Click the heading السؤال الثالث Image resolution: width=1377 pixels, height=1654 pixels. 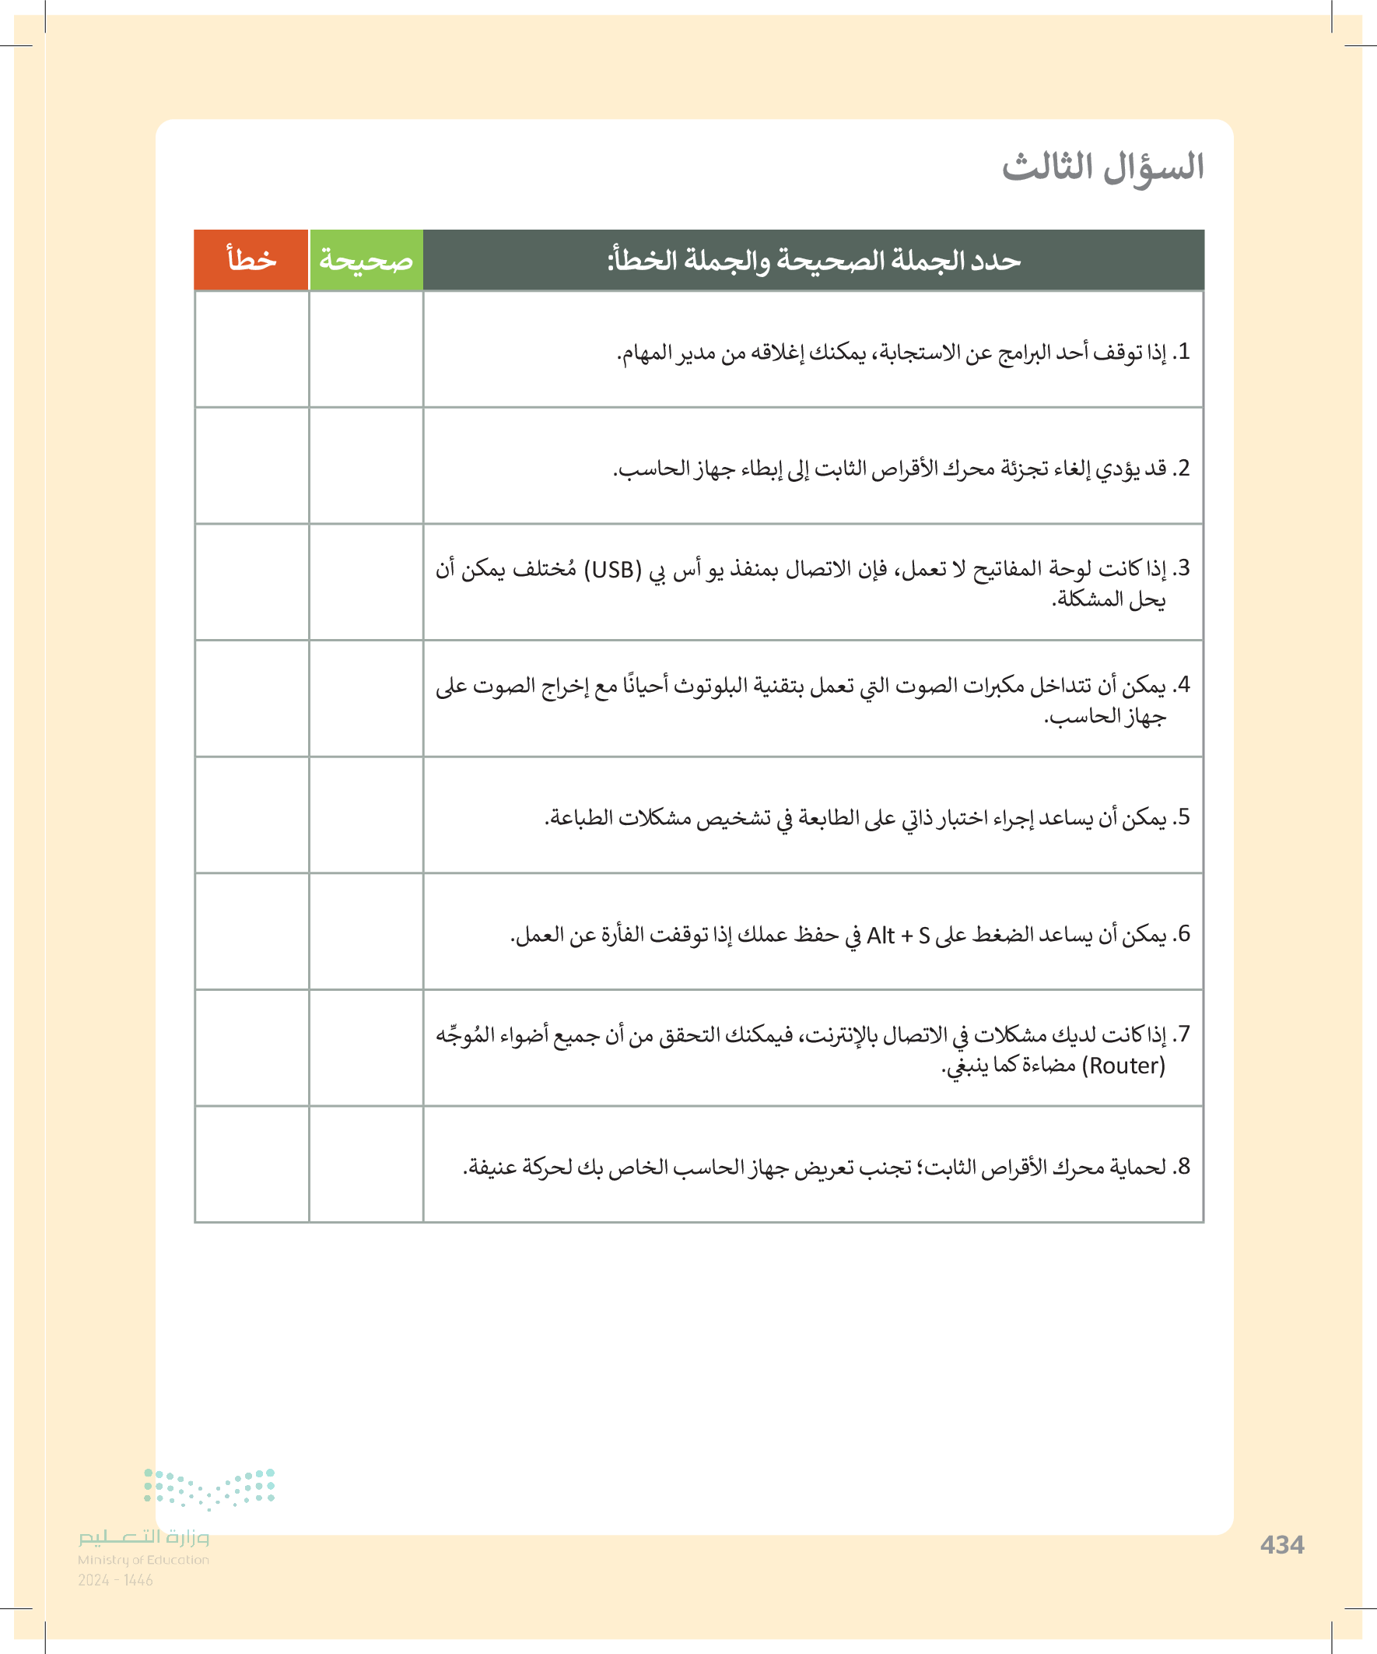[1102, 168]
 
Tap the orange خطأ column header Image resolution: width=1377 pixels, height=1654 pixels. [251, 260]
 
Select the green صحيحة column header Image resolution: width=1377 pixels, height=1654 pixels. [366, 260]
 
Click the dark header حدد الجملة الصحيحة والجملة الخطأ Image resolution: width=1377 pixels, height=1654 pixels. [813, 260]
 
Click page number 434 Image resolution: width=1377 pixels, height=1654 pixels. [1282, 1544]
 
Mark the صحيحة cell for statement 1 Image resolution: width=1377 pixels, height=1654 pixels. [366, 349]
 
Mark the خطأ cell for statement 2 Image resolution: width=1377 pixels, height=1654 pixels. [251, 465]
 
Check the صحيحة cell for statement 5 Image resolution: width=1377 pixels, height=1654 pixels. [366, 815]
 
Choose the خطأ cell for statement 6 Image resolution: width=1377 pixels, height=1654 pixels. [251, 932]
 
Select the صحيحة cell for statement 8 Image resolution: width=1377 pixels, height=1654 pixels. [366, 1165]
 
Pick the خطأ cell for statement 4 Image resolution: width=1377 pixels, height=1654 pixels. [251, 699]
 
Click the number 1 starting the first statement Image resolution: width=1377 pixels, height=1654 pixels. [1183, 352]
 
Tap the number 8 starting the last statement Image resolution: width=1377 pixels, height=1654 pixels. [1183, 1167]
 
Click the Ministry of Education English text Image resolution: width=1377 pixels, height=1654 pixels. [143, 1560]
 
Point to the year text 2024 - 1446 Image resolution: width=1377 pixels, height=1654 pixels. [115, 1579]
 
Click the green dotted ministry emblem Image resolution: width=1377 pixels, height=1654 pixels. [209, 1488]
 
